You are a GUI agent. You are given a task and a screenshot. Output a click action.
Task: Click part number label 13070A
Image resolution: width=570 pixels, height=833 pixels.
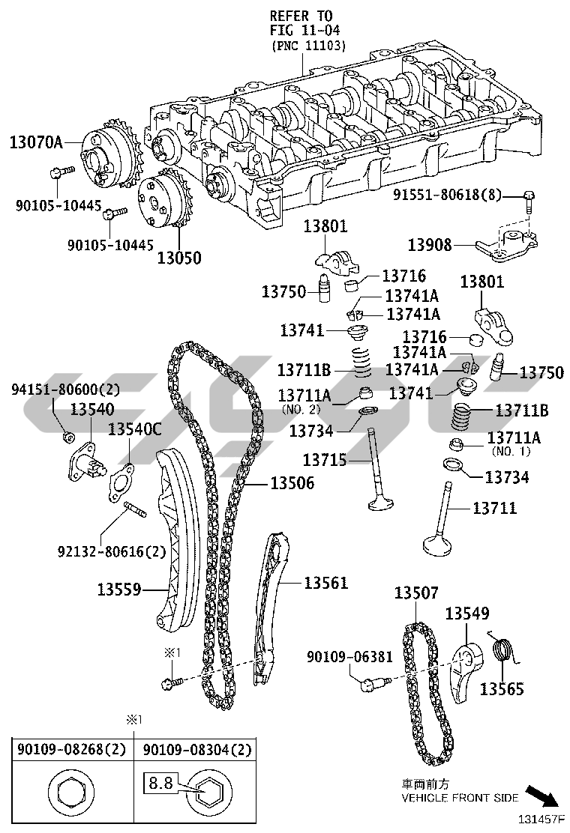click(x=36, y=142)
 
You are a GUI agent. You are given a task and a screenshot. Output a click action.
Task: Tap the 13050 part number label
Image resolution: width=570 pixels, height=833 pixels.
click(x=179, y=258)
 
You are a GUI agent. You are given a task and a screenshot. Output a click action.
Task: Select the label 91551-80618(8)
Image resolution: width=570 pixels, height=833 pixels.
click(x=447, y=195)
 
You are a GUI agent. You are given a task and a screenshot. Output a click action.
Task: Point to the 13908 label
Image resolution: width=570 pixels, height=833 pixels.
click(x=430, y=245)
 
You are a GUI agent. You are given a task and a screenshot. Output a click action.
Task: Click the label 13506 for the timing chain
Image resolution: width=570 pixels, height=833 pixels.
click(x=292, y=483)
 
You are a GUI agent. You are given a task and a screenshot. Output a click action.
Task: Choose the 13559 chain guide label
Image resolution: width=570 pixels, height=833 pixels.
click(x=119, y=589)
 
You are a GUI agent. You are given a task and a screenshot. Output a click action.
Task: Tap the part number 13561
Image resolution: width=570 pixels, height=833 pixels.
click(x=326, y=583)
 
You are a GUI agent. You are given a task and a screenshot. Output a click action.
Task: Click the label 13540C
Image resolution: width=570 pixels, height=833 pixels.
click(x=134, y=429)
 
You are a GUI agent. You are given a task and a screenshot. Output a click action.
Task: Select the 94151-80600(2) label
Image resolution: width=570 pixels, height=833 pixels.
click(x=66, y=390)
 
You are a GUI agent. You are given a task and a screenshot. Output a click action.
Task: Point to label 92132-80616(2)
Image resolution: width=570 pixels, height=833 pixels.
click(x=112, y=551)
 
